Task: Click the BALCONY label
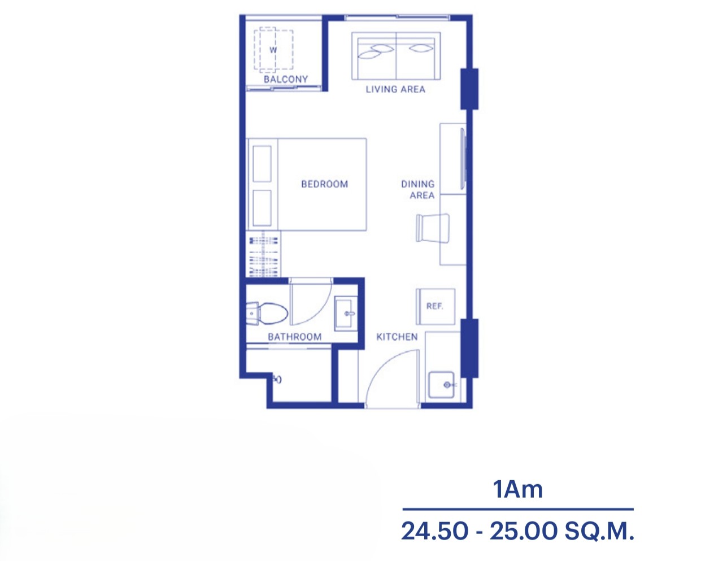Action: coord(286,79)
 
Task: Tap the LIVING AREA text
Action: coord(395,89)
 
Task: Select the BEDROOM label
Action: coord(324,184)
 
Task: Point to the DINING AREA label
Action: coord(418,190)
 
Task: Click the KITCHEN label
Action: coord(397,337)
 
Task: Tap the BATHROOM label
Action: coord(294,337)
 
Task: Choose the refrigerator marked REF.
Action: coord(436,307)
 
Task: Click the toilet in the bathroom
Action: coord(267,314)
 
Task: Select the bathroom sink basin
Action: coord(346,314)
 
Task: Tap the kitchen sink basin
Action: coord(441,385)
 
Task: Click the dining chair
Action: coord(433,228)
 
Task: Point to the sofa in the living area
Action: coord(396,56)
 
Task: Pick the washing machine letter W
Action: coord(273,50)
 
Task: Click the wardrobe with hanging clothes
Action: coord(263,254)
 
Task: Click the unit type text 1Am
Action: coord(518,489)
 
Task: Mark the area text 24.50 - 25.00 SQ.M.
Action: coord(517,532)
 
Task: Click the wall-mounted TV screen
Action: coord(463,159)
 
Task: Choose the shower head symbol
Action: coord(277,379)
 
